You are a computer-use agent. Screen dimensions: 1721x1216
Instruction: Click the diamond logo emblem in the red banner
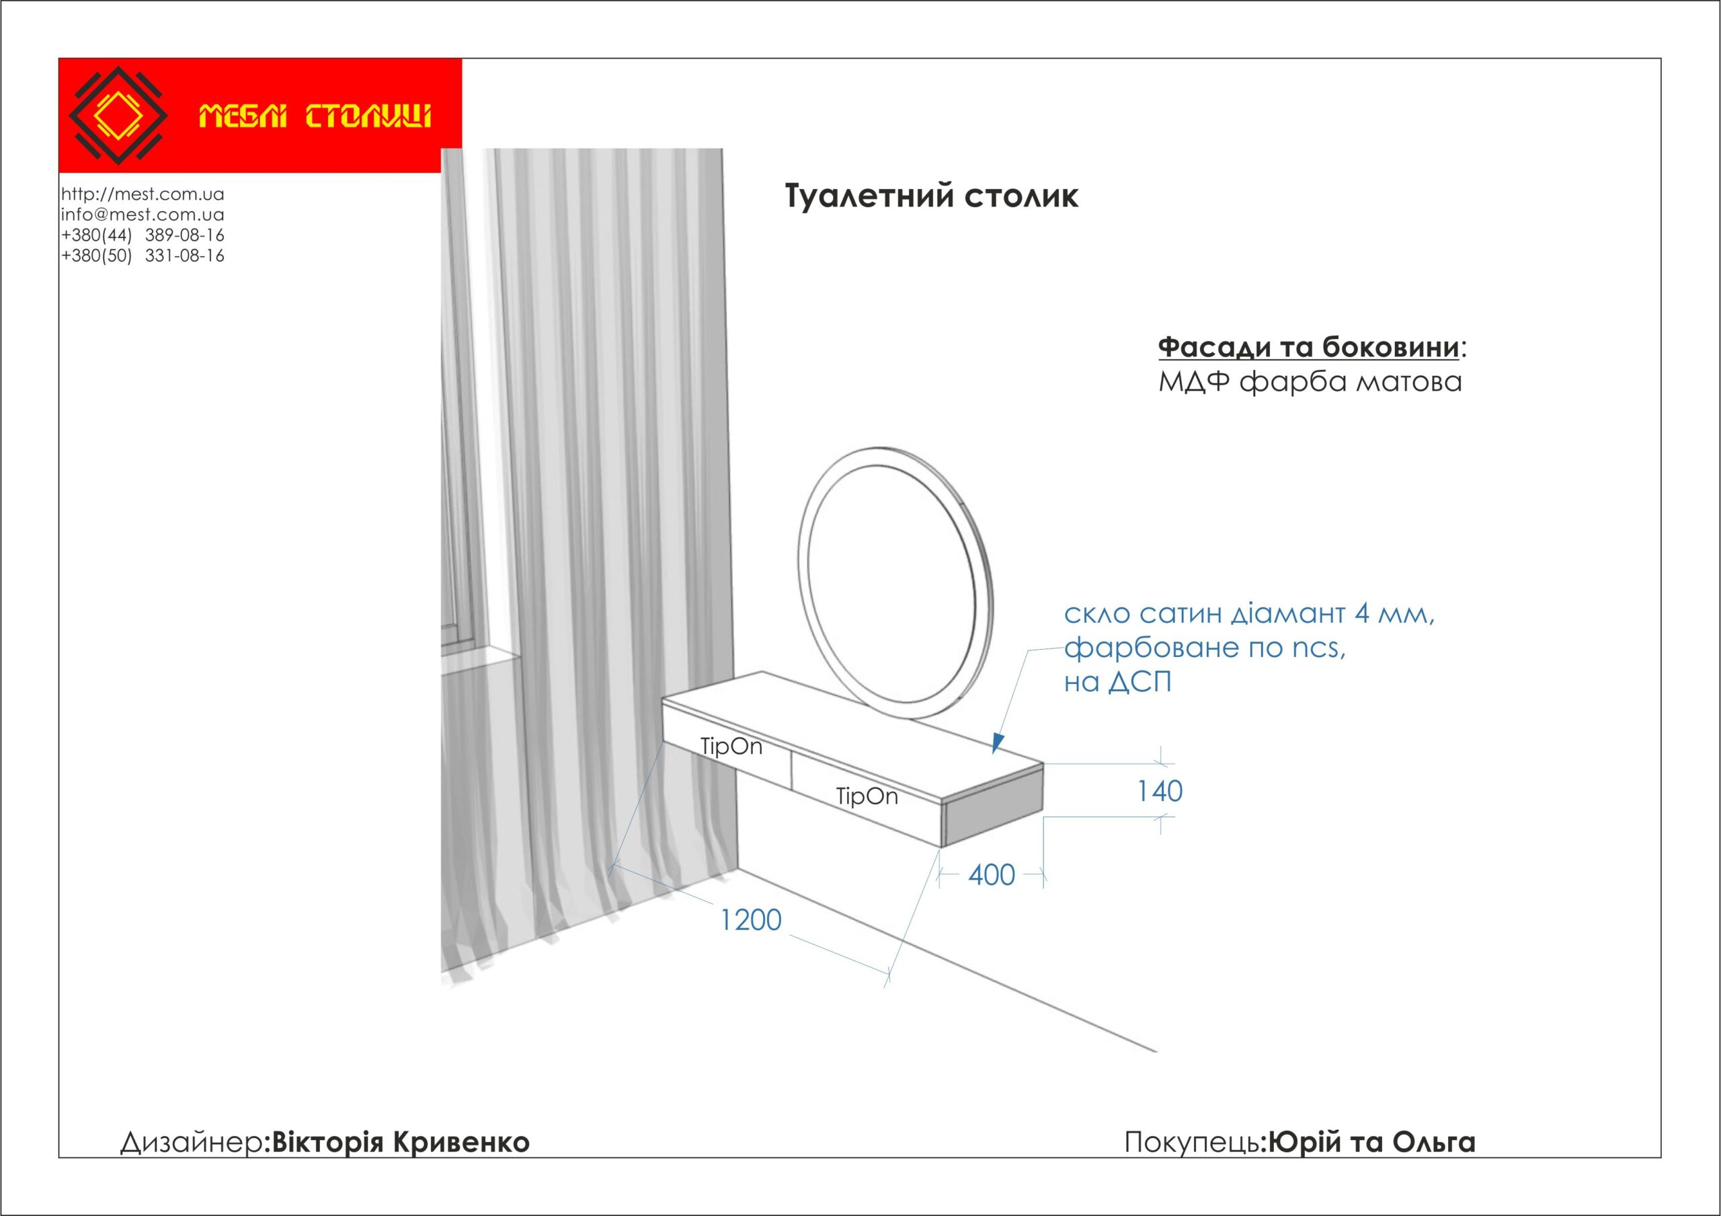tap(118, 116)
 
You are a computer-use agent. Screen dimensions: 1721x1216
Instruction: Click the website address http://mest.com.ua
tap(143, 194)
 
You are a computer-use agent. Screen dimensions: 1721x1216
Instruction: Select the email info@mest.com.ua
tap(143, 215)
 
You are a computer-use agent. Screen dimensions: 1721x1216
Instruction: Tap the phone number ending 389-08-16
tap(143, 235)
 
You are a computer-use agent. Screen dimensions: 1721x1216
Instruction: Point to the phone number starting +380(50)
tap(143, 256)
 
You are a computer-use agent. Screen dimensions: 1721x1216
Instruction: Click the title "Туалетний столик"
tap(932, 196)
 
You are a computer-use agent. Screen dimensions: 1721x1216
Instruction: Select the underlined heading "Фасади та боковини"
tap(1309, 347)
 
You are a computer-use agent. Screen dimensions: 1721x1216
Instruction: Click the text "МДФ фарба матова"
tap(1310, 382)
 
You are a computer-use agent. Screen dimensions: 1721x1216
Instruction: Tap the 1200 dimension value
tap(750, 920)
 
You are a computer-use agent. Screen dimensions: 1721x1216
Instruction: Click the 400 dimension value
tap(992, 875)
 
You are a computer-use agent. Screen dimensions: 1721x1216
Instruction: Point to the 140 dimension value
tap(1160, 791)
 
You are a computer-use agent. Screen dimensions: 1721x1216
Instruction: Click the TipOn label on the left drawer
tap(731, 747)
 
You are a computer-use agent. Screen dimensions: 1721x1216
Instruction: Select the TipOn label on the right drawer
tap(867, 796)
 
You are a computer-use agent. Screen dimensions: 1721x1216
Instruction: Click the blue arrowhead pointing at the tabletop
tap(997, 743)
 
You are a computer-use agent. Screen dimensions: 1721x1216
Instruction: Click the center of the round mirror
tap(895, 584)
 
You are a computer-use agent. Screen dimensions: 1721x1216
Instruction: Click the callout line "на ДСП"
tap(1117, 682)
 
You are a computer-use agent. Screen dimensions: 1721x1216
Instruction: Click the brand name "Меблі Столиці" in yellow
tap(315, 117)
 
